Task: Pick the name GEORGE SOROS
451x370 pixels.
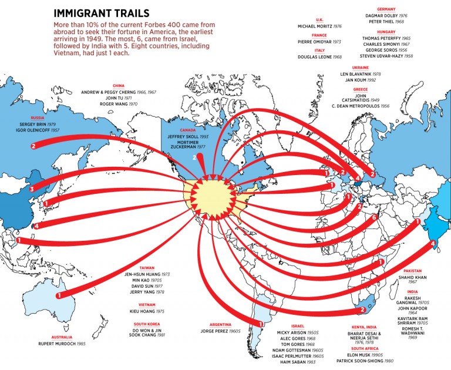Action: (x=383, y=50)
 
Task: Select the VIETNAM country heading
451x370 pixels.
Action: (x=147, y=304)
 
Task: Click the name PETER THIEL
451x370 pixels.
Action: (x=382, y=22)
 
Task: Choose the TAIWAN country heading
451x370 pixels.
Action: (x=146, y=267)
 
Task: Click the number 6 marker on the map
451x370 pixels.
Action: (x=375, y=218)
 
